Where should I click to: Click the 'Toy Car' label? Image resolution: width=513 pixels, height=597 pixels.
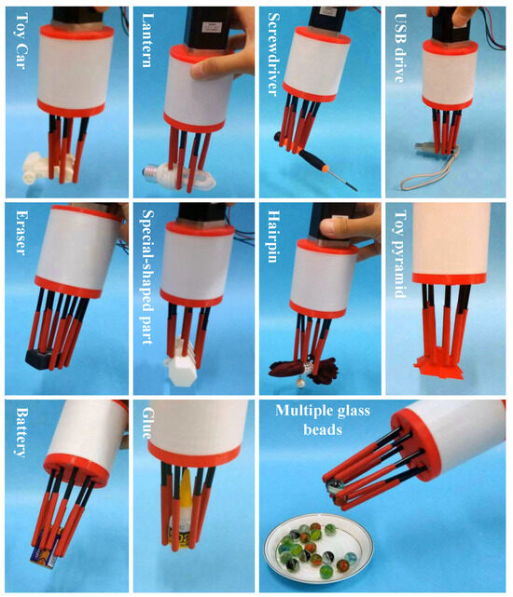(21, 40)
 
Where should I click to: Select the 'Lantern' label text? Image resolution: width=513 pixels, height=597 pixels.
(147, 40)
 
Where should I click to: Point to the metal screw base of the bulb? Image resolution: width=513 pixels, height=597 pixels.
(150, 173)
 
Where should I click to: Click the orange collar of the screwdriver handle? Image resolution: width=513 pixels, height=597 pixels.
(325, 169)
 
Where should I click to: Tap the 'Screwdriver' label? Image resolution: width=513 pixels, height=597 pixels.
(274, 53)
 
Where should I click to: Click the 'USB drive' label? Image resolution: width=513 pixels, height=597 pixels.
(400, 47)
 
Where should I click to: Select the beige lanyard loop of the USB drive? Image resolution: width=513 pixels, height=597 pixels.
(427, 174)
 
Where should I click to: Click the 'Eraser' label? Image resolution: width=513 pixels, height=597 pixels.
(21, 232)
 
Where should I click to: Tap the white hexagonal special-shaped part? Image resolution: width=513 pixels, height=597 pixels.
(180, 366)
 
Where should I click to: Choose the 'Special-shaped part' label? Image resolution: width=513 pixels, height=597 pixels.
(147, 277)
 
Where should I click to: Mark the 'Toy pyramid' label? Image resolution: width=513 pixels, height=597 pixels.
(400, 253)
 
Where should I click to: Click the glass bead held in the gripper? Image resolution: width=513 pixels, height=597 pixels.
(334, 486)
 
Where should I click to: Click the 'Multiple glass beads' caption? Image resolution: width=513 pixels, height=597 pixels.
(323, 419)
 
